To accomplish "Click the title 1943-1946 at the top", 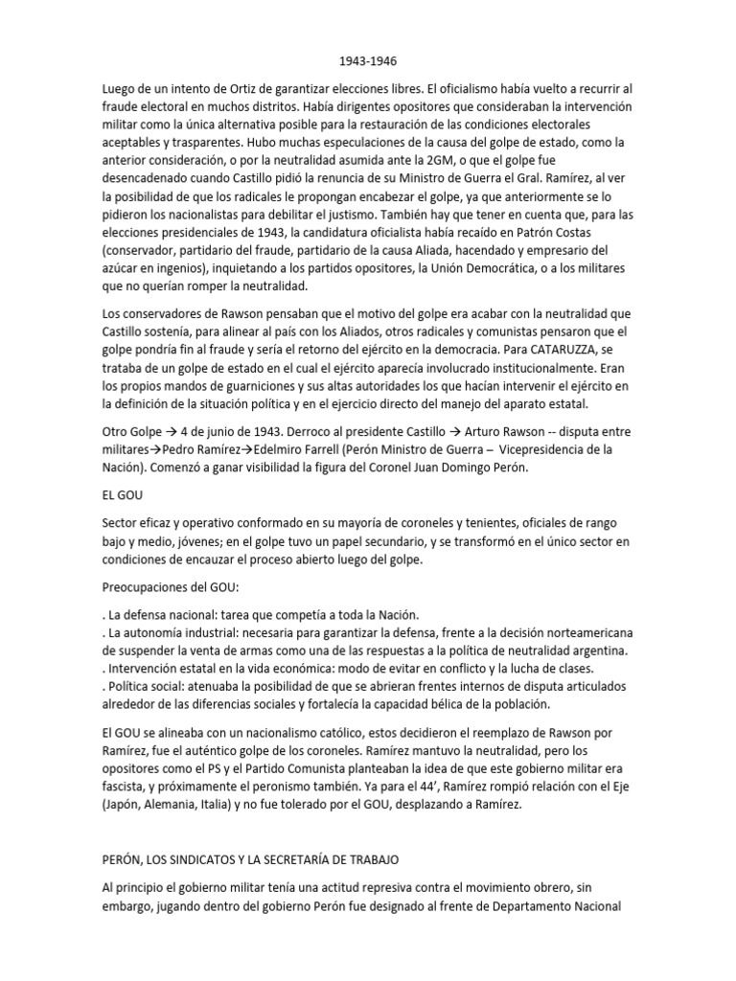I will click(x=368, y=57).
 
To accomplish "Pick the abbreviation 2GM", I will click(x=435, y=161).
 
